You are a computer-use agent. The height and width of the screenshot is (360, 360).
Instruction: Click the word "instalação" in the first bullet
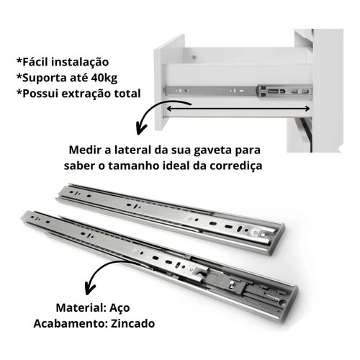pos(80,62)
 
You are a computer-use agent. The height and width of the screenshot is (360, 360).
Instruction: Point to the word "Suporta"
pos(40,78)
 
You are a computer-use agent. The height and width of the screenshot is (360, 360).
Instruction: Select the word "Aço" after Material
pos(120,308)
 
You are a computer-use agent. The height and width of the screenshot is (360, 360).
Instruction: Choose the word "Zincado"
pos(132,323)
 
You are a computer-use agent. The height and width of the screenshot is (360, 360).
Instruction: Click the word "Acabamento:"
pos(71,323)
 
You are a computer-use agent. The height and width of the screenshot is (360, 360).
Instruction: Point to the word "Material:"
pos(81,307)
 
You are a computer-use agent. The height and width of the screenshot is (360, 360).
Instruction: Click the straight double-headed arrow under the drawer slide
pos(238,109)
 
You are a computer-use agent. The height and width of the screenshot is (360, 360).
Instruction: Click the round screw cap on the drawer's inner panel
pos(194,57)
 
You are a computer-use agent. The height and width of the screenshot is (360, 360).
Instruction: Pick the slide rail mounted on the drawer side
pos(238,91)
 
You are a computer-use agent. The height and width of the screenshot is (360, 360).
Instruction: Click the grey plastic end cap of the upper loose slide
pos(278,239)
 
